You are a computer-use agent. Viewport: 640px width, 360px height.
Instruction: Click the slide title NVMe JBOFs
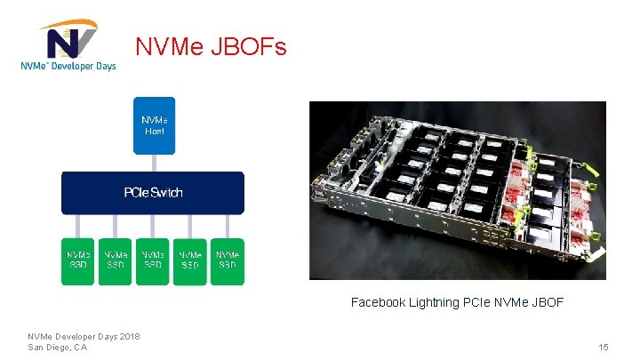211,46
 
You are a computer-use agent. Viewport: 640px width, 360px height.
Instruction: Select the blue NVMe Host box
154,125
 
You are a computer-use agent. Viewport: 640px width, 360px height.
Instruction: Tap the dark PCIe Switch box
152,193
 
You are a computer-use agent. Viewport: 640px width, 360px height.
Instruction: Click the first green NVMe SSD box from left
78,260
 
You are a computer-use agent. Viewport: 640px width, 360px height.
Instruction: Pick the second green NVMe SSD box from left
116,260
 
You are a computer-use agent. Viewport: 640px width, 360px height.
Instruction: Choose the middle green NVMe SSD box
153,260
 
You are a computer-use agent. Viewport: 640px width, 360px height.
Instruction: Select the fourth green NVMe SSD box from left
190,260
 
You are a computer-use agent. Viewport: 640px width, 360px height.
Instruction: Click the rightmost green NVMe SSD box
228,260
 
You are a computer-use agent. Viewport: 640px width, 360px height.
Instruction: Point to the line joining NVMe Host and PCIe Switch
154,163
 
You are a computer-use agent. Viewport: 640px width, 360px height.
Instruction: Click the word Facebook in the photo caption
378,303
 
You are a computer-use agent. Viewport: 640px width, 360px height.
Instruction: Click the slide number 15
604,347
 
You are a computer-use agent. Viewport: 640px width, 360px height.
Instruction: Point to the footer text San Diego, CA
58,347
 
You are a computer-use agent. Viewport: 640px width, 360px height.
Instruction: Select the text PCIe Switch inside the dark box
152,193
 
